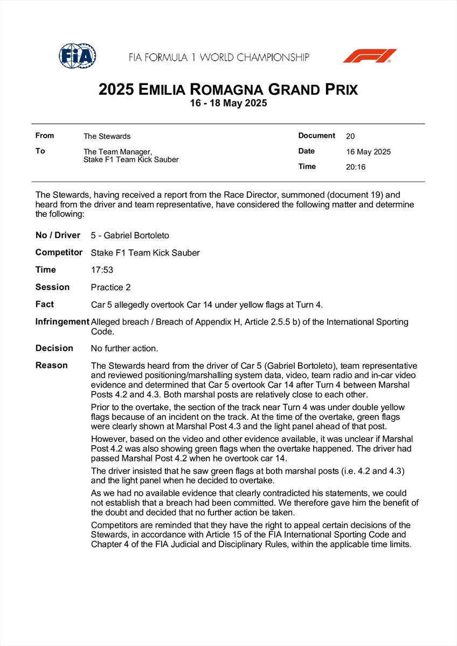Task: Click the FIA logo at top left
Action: [78, 55]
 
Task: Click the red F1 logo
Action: [370, 56]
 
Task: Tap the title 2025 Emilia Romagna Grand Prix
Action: [228, 89]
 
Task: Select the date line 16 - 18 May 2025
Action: [228, 103]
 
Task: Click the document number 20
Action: [350, 136]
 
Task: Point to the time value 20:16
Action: [356, 167]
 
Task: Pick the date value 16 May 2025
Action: [368, 152]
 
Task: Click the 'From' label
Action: [45, 136]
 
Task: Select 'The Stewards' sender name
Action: [107, 136]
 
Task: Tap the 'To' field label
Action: [40, 151]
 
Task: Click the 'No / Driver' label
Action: [58, 235]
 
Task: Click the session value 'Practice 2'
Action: [110, 287]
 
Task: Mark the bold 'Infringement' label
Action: [62, 322]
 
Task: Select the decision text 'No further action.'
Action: [124, 348]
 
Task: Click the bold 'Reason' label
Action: [52, 366]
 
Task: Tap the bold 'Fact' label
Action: [45, 305]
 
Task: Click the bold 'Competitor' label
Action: [59, 252]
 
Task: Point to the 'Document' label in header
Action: [317, 136]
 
